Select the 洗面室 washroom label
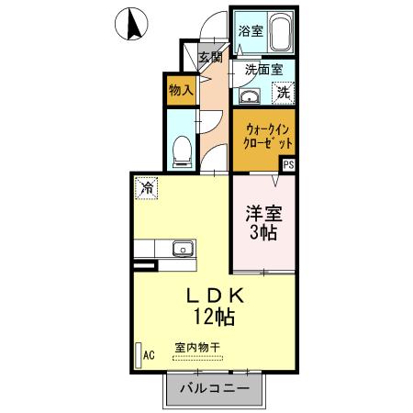(262, 69)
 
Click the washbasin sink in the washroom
(250, 95)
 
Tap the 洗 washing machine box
(285, 92)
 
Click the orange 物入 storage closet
(180, 90)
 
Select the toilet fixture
(182, 147)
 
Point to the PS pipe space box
(288, 165)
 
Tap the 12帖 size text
(213, 318)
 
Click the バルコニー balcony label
(215, 389)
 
